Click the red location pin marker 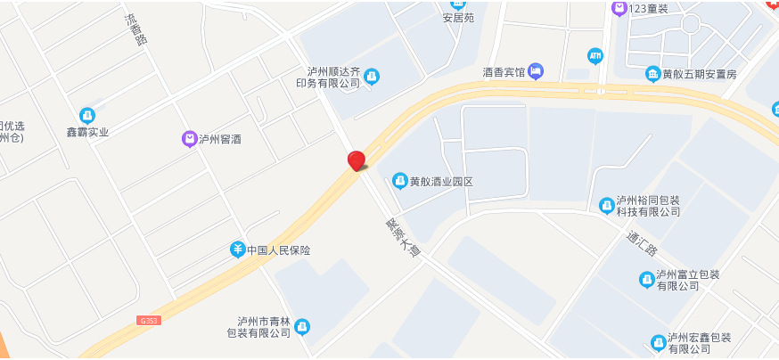click(357, 160)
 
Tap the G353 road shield click(151, 320)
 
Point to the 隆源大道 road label click(401, 240)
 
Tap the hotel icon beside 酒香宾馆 click(536, 70)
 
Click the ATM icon click(595, 55)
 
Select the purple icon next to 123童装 click(619, 8)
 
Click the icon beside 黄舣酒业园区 click(400, 181)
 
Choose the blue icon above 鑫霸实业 click(87, 115)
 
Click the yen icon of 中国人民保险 click(238, 250)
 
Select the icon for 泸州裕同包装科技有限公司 click(607, 205)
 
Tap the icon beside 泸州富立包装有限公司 click(647, 280)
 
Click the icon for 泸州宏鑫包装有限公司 click(658, 342)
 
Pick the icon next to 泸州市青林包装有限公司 click(302, 327)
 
